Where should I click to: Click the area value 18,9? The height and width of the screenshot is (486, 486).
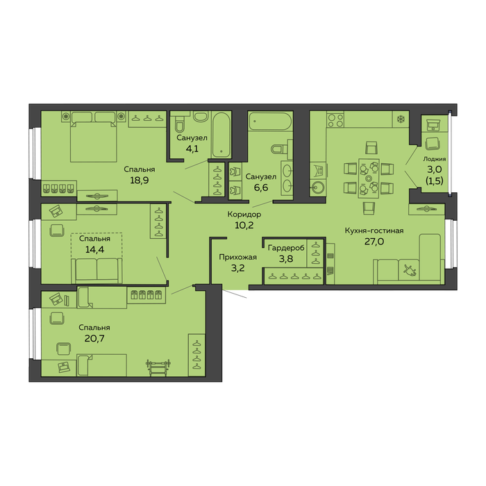tap(139, 180)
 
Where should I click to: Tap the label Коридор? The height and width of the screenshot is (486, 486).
tap(244, 214)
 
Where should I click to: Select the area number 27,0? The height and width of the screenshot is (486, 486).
tap(374, 241)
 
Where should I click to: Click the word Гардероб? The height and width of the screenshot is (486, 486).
tap(286, 248)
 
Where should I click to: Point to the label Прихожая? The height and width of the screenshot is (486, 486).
tap(237, 257)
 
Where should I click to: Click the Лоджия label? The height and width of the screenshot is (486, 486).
tap(435, 159)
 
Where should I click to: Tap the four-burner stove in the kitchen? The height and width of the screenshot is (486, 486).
tap(335, 120)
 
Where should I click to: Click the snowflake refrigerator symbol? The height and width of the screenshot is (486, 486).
tap(401, 119)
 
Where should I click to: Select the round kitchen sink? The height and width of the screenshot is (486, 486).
tap(318, 188)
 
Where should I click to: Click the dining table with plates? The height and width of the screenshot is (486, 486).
tap(369, 178)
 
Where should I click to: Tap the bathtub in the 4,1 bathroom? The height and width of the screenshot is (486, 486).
tap(221, 135)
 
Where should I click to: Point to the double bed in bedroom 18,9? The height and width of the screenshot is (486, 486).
tap(93, 137)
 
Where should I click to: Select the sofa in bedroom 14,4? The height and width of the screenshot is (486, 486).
tap(97, 270)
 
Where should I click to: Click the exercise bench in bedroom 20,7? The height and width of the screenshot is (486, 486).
tap(158, 368)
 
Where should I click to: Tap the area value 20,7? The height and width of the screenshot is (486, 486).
tap(94, 338)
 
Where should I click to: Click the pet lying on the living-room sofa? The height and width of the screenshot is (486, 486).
tap(410, 270)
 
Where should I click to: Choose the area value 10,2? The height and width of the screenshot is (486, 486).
tap(244, 226)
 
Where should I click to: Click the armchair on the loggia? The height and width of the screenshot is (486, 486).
tap(433, 144)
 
